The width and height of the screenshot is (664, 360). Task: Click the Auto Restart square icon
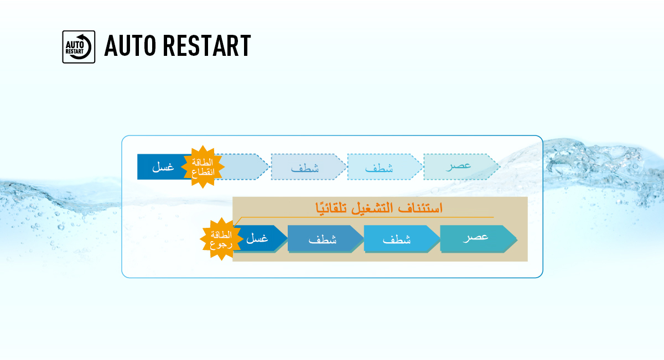[x=79, y=46]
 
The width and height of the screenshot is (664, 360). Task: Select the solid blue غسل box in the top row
[x=163, y=167]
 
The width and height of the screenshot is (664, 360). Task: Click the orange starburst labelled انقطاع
[x=206, y=167]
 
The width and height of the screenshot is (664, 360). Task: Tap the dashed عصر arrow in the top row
[x=459, y=166]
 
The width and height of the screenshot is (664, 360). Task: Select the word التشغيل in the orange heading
[x=375, y=208]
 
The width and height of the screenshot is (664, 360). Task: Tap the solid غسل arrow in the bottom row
[x=258, y=238]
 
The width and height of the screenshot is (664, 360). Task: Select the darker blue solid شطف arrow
[x=323, y=239]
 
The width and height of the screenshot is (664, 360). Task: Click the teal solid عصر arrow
[x=476, y=238]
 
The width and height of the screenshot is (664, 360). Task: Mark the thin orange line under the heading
[x=387, y=217]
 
